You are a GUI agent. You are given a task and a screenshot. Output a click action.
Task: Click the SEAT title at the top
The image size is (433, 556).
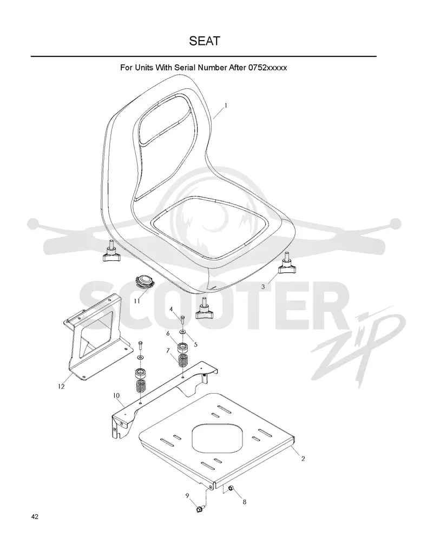[x=204, y=41]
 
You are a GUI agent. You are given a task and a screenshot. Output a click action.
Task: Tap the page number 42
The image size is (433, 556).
[x=35, y=516]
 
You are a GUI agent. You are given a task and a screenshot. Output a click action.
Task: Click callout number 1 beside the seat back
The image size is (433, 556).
[x=226, y=106]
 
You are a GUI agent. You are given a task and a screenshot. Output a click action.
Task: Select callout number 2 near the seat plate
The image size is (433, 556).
[x=303, y=459]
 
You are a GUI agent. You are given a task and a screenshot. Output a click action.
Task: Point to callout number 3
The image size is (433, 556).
[x=263, y=286]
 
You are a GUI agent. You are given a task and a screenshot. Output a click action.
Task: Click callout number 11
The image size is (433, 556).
[x=137, y=301]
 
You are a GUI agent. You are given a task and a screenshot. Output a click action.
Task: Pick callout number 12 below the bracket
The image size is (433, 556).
[x=61, y=386]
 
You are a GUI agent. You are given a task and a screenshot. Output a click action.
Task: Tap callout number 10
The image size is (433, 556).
[x=116, y=395]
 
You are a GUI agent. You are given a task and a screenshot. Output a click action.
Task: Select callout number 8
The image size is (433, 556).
[x=244, y=502]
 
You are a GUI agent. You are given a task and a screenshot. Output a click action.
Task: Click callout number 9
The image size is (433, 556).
[x=187, y=495]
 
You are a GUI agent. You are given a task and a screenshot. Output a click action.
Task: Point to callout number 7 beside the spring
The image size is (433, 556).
[x=168, y=350]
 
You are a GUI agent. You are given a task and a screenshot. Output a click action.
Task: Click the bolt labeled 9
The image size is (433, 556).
[x=199, y=509]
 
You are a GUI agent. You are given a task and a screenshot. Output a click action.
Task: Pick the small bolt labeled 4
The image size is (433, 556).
[x=182, y=320]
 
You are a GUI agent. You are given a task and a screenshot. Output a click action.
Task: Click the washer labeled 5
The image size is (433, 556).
[x=182, y=331]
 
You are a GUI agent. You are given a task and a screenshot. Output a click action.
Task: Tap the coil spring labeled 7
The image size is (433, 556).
[x=182, y=361]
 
